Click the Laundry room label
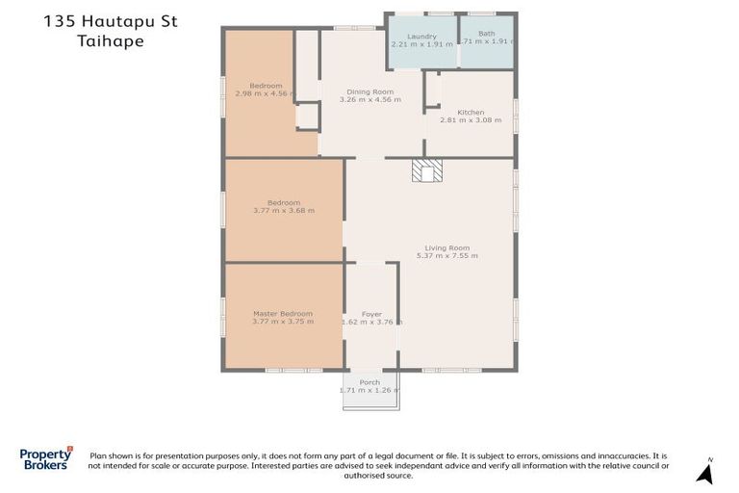point(421,37)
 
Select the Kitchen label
point(471,113)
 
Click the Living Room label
point(446,247)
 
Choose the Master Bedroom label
point(283,313)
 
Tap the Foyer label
point(371,314)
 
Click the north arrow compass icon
point(705,472)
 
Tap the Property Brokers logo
point(46,458)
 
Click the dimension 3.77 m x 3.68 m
point(283,210)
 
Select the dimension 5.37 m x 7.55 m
point(446,255)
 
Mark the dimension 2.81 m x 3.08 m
point(471,120)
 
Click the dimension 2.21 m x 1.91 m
point(421,44)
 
